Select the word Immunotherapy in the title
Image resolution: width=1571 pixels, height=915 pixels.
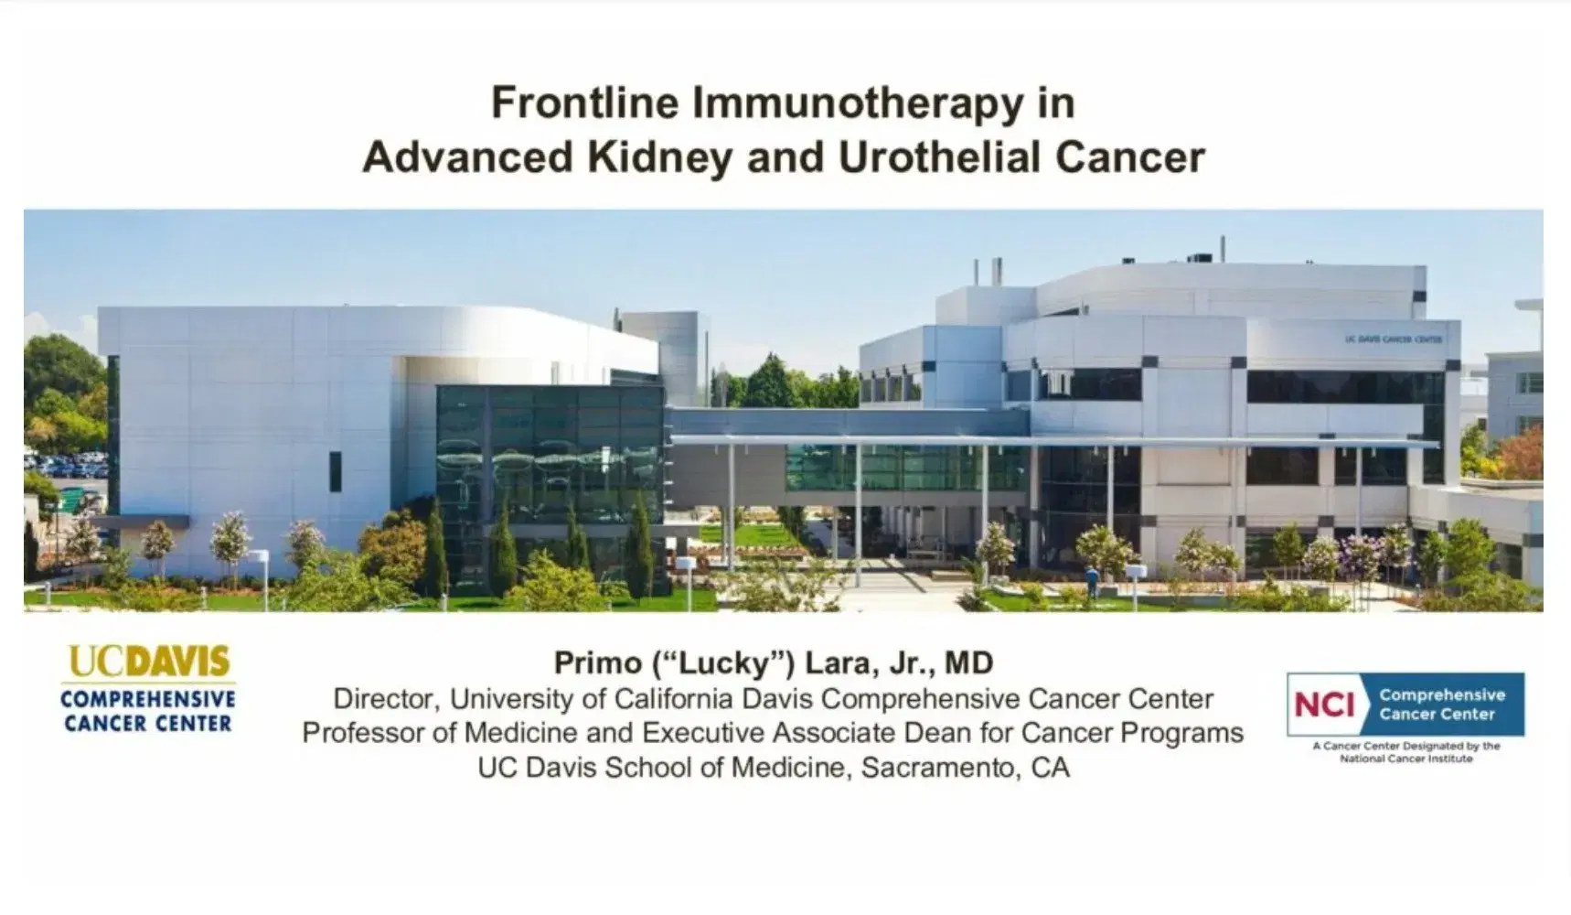click(x=857, y=102)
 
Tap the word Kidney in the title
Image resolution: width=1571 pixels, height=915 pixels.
click(x=659, y=157)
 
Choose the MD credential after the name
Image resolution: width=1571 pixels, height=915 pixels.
click(x=968, y=662)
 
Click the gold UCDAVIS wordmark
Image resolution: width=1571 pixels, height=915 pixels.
click(x=149, y=662)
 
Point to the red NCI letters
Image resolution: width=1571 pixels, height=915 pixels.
click(x=1324, y=705)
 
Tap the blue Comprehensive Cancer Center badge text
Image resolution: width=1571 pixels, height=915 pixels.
click(x=1442, y=705)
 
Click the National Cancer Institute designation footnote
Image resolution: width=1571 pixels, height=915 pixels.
click(x=1406, y=752)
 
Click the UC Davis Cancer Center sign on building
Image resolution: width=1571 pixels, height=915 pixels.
click(x=1393, y=339)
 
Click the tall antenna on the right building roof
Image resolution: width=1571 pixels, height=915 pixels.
click(x=1223, y=249)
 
